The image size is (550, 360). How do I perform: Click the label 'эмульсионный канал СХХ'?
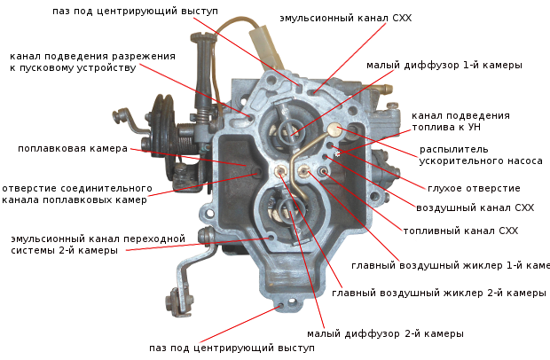pyautogui.click(x=345, y=18)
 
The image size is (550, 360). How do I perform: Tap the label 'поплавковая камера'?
pyautogui.click(x=73, y=148)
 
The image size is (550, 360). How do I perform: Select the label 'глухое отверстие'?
pyautogui.click(x=474, y=188)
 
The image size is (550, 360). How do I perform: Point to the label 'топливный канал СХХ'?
pyautogui.click(x=460, y=231)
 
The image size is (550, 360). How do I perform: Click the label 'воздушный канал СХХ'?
pyautogui.click(x=475, y=207)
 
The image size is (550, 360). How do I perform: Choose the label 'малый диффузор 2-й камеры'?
pyautogui.click(x=385, y=333)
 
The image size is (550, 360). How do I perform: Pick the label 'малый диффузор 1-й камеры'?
pyautogui.click(x=444, y=66)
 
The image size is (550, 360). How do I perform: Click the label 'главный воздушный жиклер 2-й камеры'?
pyautogui.click(x=439, y=293)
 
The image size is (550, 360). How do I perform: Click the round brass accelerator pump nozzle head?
pyautogui.click(x=335, y=129)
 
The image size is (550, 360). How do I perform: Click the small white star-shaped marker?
pyautogui.click(x=338, y=153)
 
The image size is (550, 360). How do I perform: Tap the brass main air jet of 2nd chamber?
pyautogui.click(x=280, y=171)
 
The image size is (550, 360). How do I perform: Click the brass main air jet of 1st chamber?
pyautogui.click(x=302, y=171)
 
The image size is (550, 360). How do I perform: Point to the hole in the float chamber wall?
pyautogui.click(x=258, y=172)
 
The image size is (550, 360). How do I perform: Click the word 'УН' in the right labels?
pyautogui.click(x=475, y=127)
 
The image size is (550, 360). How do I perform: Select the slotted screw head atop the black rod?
pyautogui.click(x=202, y=35)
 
